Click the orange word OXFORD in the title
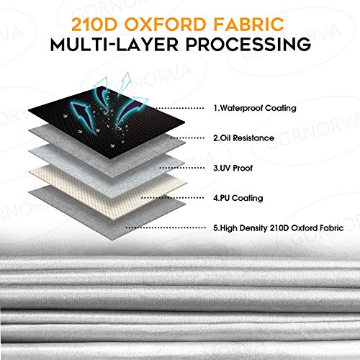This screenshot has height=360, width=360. (x=165, y=24)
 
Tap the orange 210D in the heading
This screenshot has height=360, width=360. (x=94, y=24)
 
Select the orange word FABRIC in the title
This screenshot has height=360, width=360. (x=248, y=24)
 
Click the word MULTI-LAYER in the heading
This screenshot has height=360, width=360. (x=114, y=44)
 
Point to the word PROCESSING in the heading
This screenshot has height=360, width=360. (x=248, y=44)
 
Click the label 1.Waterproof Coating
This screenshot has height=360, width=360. (x=255, y=108)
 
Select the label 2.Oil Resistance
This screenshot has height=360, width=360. (x=243, y=138)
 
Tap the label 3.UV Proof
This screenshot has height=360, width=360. (x=233, y=168)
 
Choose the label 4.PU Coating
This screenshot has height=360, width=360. (x=238, y=198)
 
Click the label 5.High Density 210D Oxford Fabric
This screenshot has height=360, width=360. (x=279, y=228)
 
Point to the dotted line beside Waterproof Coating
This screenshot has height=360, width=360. (x=179, y=108)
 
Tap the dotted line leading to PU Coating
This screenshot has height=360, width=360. (x=172, y=198)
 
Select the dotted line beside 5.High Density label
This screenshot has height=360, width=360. (x=166, y=228)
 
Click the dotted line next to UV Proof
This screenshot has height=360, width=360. (x=181, y=168)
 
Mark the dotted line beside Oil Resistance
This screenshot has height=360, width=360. (x=187, y=138)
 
